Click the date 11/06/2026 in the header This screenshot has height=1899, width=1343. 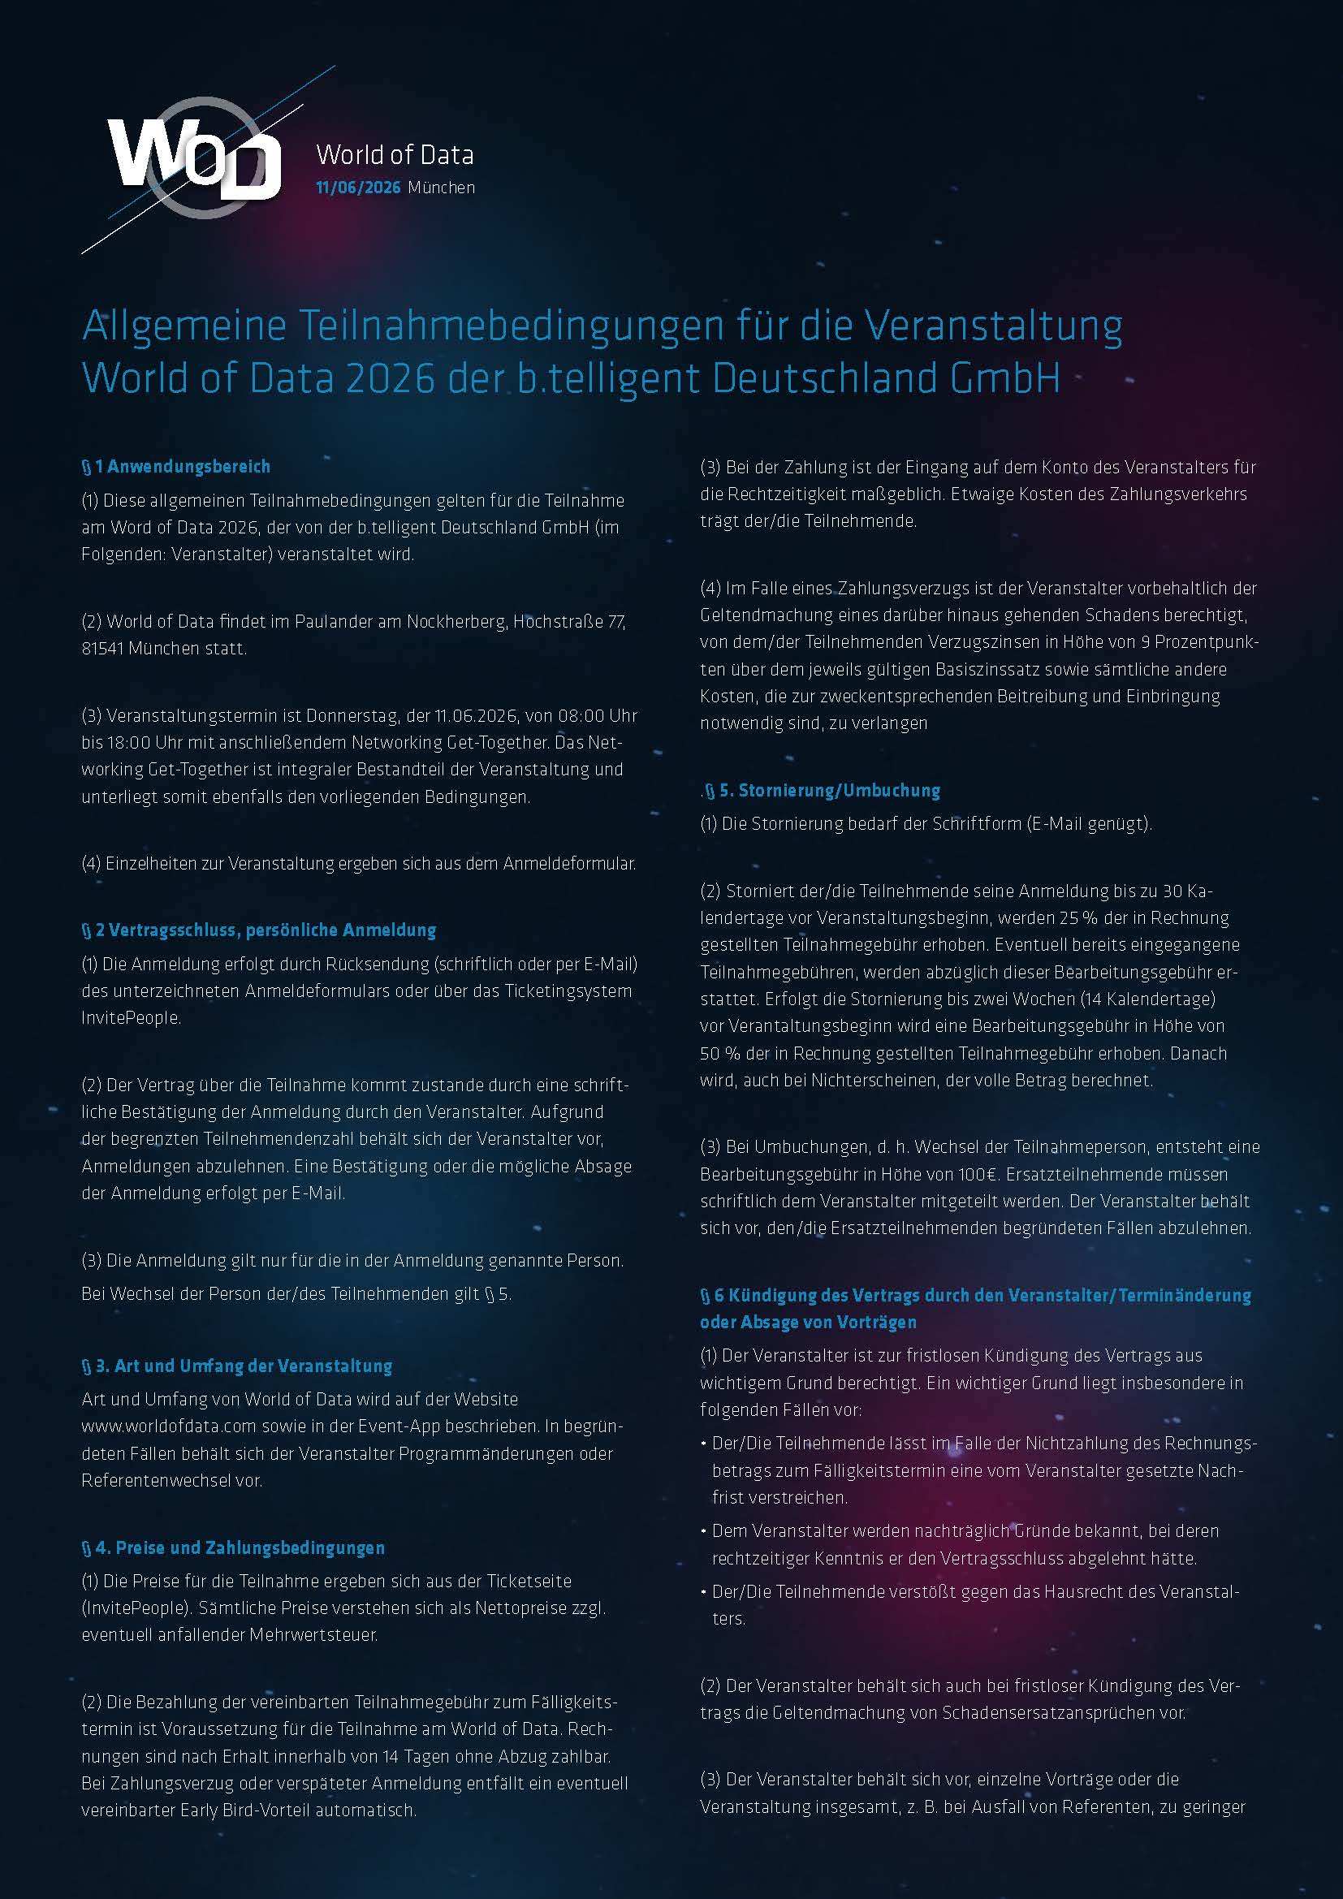tap(358, 188)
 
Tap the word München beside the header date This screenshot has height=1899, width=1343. tap(442, 188)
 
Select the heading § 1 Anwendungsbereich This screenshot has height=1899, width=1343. tap(176, 467)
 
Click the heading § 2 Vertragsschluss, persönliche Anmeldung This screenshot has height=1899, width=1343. tap(259, 930)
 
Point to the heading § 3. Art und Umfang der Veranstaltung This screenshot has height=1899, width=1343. tap(236, 1366)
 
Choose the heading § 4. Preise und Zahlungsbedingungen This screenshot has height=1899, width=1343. tap(233, 1547)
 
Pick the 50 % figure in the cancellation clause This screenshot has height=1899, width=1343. tap(719, 1053)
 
